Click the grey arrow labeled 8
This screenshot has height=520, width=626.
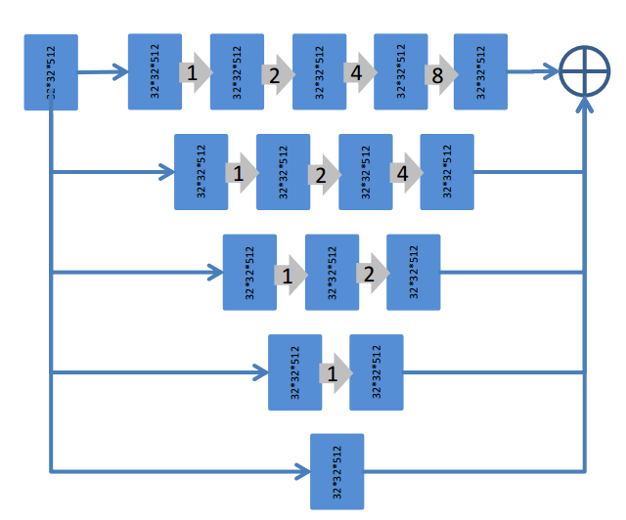pos(439,73)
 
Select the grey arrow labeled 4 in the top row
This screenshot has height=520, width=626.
pos(357,73)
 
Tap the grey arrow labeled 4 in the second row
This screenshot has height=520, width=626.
pos(403,173)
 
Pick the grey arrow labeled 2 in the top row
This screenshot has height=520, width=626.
pos(276,73)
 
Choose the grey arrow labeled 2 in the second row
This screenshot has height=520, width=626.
pos(321,174)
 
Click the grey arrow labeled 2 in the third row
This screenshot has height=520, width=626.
pos(370,274)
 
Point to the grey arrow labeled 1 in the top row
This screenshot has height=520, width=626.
pos(194,73)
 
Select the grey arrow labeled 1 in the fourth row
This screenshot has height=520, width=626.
pos(334,373)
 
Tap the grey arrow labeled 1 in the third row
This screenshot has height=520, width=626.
pos(289,275)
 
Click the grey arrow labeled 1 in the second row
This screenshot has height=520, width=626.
pos(239,174)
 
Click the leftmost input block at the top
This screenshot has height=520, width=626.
pos(51,73)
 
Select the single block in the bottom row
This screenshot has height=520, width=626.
pos(337,471)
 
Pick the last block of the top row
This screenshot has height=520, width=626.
pos(480,72)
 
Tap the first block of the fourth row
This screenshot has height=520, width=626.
pos(295,372)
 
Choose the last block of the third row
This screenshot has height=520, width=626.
pos(414,273)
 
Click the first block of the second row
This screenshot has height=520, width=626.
pos(201,172)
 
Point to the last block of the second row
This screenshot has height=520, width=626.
pos(447,172)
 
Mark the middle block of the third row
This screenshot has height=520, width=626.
pos(333,273)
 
